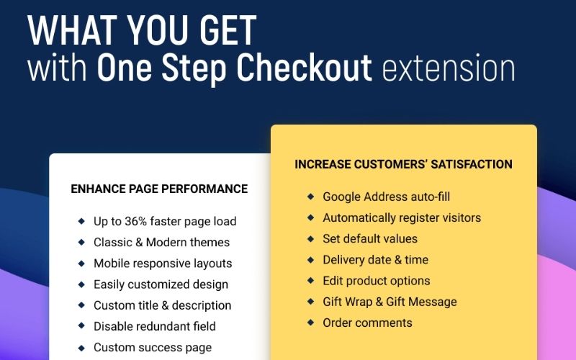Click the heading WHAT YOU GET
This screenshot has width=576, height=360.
(x=142, y=30)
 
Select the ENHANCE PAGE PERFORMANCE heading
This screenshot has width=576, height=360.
(x=159, y=189)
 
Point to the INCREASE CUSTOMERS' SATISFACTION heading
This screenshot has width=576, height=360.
(x=403, y=164)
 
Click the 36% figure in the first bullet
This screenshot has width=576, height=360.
(x=142, y=222)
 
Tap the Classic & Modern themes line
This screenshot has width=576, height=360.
(x=161, y=243)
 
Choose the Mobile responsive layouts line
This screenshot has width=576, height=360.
(x=163, y=264)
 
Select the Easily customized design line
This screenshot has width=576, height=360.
(x=161, y=284)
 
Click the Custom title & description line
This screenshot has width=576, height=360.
(x=162, y=305)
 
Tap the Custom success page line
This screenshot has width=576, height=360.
(x=153, y=348)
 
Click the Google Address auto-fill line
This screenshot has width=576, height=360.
(x=386, y=197)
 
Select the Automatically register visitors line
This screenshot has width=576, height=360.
(x=402, y=217)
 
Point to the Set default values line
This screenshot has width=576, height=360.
(x=370, y=238)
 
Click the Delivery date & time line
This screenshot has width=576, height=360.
(x=375, y=260)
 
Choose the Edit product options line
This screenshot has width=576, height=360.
(x=376, y=281)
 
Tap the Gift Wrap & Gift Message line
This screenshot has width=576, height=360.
(x=390, y=302)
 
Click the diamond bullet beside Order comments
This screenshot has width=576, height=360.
(x=310, y=322)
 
